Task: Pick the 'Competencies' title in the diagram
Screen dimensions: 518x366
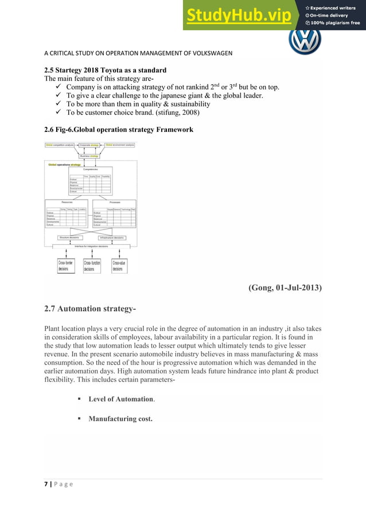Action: click(x=90, y=169)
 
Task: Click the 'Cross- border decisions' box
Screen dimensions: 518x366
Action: click(x=65, y=265)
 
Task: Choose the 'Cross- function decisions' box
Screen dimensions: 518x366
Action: click(x=92, y=265)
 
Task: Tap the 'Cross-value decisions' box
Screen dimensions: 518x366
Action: click(x=119, y=265)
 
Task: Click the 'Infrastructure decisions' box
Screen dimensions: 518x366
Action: click(x=111, y=236)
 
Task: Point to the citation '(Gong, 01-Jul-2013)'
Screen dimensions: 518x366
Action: click(x=285, y=288)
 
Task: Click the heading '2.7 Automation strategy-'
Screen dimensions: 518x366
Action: click(x=90, y=310)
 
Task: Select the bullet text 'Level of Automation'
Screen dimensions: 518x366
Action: click(x=122, y=399)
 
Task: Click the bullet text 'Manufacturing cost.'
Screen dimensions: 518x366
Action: click(x=120, y=419)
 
